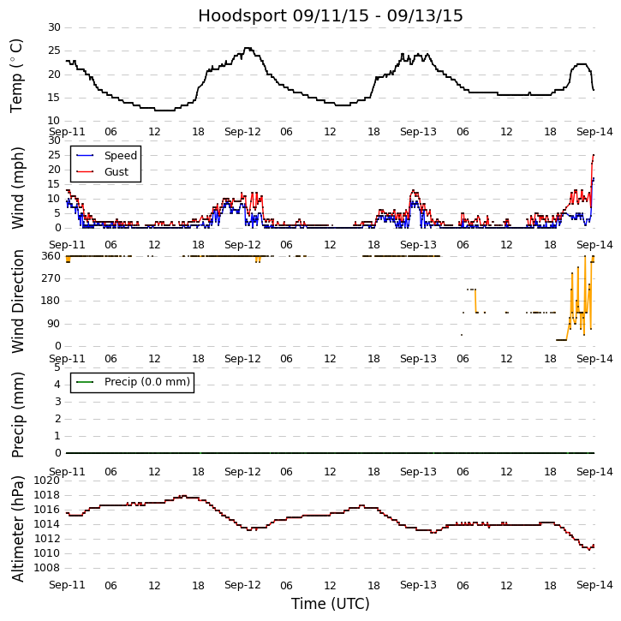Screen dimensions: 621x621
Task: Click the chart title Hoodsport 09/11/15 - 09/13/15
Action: [x=331, y=16]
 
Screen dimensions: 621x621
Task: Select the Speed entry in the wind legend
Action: [x=120, y=156]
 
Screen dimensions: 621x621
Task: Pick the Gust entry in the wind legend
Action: [x=116, y=172]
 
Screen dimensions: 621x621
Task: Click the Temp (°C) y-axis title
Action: [x=17, y=75]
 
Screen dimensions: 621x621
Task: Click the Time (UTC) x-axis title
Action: [x=331, y=604]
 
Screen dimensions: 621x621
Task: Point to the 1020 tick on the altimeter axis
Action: [x=47, y=481]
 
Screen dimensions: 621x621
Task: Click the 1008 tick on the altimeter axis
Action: [x=47, y=568]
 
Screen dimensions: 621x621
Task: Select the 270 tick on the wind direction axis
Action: [x=51, y=278]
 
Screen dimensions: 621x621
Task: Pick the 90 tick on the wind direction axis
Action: [x=54, y=324]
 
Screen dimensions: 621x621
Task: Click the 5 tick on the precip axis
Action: [x=57, y=367]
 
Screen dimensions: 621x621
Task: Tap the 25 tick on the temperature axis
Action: [x=53, y=51]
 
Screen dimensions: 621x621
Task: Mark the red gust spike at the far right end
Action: [x=593, y=156]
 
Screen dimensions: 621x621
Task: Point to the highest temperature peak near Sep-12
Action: [x=248, y=48]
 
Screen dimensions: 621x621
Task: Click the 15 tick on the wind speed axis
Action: [x=53, y=184]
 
